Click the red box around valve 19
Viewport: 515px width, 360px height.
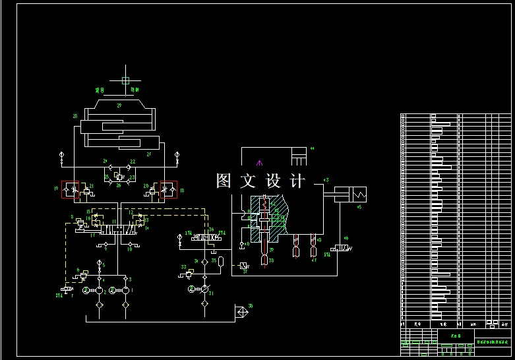[70, 189]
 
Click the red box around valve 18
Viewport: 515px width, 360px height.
[169, 189]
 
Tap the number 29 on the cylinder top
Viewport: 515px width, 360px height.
[119, 105]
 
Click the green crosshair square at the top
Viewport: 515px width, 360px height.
[125, 80]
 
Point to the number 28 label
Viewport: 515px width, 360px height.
[75, 116]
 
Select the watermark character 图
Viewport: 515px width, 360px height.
[224, 181]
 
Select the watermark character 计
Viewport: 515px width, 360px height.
[297, 181]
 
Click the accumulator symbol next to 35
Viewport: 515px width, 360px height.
[222, 262]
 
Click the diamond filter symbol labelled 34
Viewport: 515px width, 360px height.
[204, 262]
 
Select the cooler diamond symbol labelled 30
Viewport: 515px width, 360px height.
[242, 309]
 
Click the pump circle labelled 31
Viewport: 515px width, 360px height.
[204, 289]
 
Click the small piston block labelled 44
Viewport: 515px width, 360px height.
[299, 159]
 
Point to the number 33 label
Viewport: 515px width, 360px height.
[183, 266]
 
